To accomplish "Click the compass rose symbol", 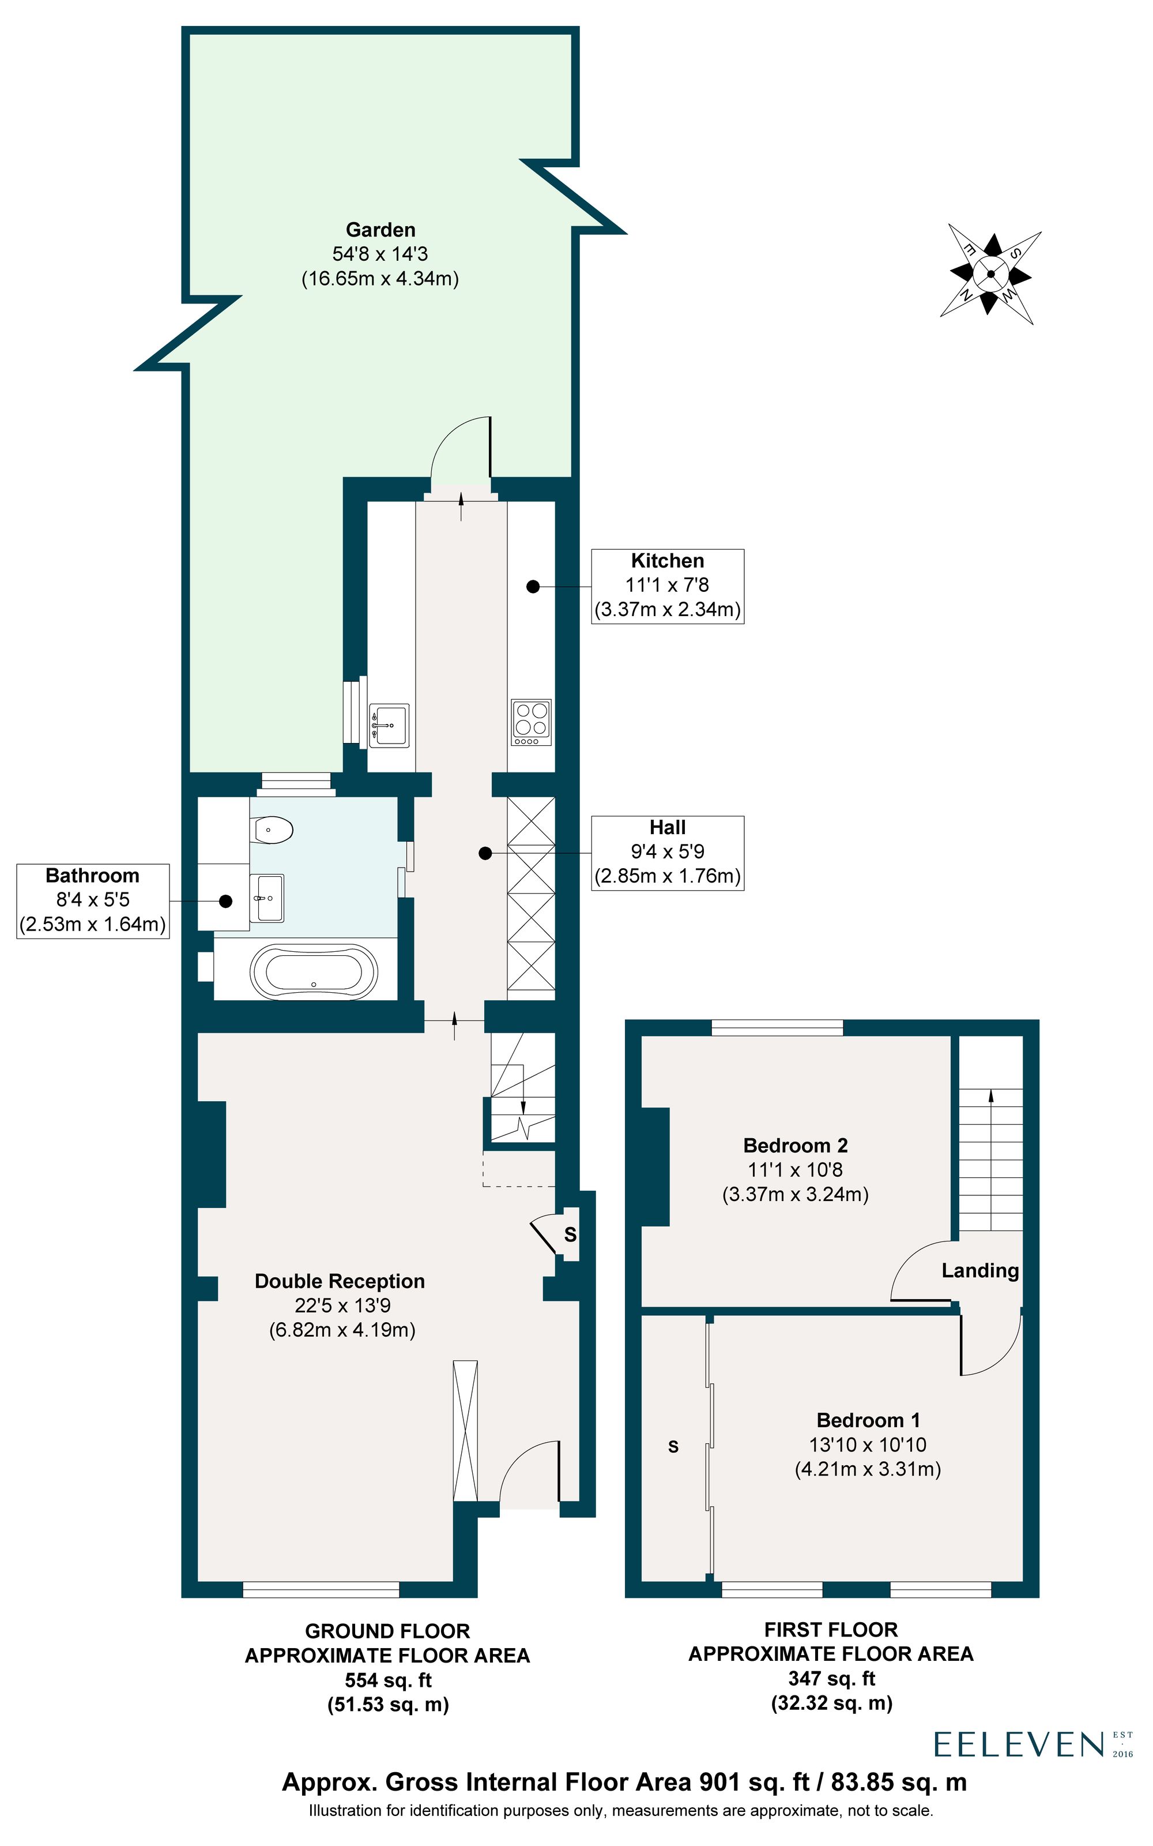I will (990, 275).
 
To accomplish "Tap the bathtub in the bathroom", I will (314, 972).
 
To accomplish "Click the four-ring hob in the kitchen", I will (532, 722).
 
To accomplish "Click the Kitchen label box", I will (667, 586).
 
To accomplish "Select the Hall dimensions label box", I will (667, 853).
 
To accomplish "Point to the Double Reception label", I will (340, 1281).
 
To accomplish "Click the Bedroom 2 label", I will (796, 1146).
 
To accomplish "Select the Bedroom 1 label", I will (868, 1420).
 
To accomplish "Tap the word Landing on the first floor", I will (980, 1271).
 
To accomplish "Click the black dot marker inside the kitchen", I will (533, 587).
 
